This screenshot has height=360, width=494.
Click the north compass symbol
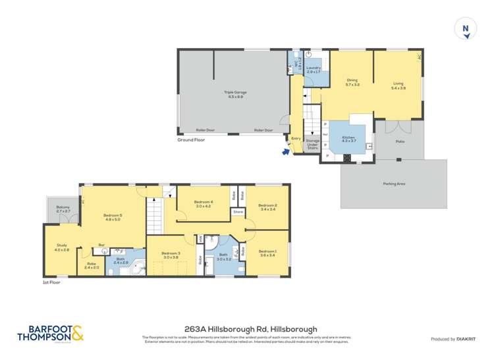pos(466,28)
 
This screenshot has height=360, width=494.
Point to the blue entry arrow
pos(285,151)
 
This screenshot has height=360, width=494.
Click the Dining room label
pos(352,82)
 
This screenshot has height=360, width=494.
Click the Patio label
pos(400,141)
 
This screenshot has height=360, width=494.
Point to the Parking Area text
pos(394,184)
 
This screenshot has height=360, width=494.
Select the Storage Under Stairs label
pos(312,144)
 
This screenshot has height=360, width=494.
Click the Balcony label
pos(63,209)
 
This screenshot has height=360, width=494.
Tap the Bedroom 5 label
pos(113,217)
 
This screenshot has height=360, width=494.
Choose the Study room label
pos(61,247)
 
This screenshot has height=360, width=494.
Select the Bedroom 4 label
pos(204,204)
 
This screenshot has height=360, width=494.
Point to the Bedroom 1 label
pos(267,253)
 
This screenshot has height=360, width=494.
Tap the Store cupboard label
pos(238,212)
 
